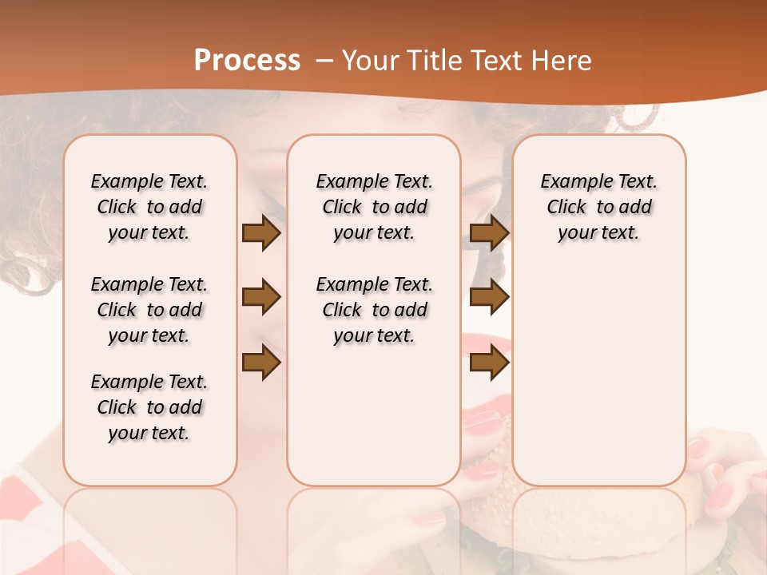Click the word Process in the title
pos(247,61)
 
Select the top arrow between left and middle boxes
pos(261,232)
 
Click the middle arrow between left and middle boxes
pos(261,297)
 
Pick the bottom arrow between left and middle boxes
pos(261,363)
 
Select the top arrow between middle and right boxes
pos(489,232)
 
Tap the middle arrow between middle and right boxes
pos(489,297)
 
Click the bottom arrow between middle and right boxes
pos(489,363)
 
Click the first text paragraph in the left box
pos(149,207)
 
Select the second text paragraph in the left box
pos(149,310)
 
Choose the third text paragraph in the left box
pos(149,407)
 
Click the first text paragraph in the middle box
pos(375,207)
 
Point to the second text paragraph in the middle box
pos(375,310)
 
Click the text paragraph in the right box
pos(599,207)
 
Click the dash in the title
pos(324,61)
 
